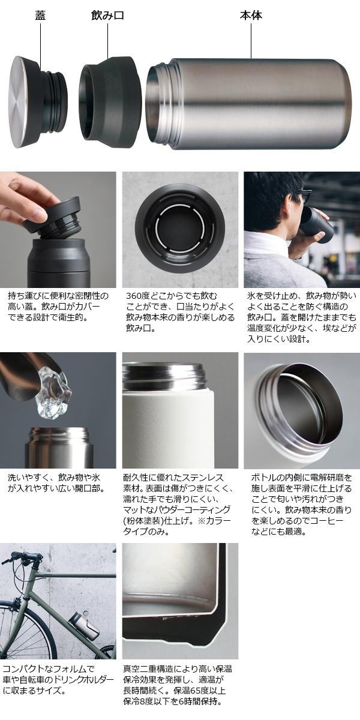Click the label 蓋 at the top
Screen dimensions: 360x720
(x=41, y=16)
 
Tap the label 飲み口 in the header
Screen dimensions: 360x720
(x=107, y=16)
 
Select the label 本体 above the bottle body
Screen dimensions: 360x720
(x=251, y=16)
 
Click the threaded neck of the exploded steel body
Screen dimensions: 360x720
(x=158, y=103)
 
